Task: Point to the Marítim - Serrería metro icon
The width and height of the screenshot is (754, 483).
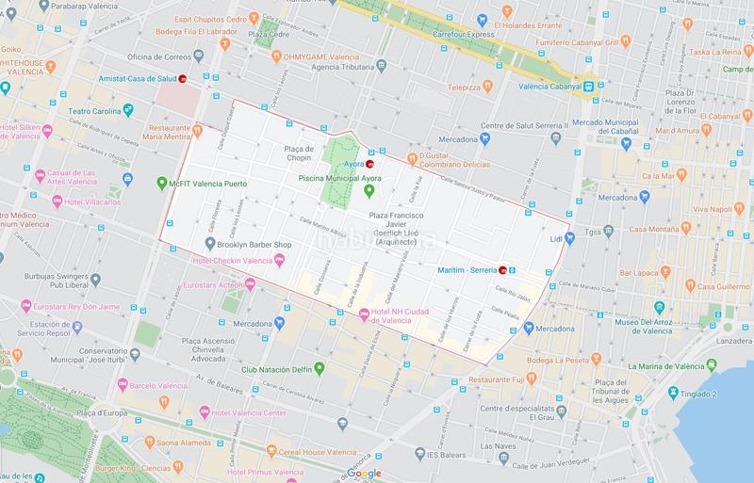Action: pyautogui.click(x=502, y=269)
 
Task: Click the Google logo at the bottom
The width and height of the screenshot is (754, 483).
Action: pyautogui.click(x=363, y=472)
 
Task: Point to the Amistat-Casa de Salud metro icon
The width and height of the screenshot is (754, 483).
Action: pyautogui.click(x=184, y=79)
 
